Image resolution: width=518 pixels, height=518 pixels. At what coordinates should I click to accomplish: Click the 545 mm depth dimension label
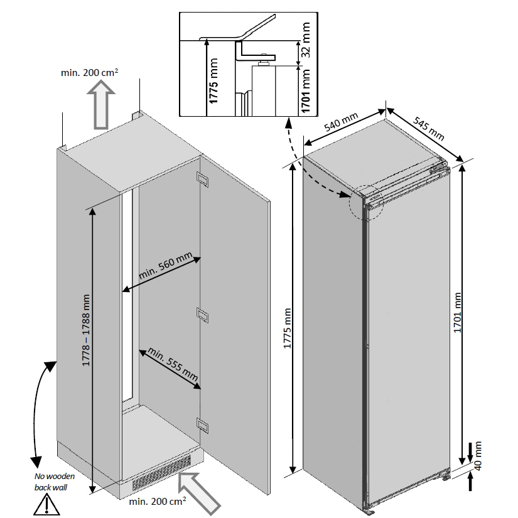(429, 127)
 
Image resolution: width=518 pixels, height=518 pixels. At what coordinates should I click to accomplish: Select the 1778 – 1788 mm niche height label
(86, 330)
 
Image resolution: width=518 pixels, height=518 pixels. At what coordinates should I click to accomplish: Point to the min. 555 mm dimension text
(170, 367)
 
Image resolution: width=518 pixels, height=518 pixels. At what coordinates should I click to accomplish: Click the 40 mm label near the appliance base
(479, 456)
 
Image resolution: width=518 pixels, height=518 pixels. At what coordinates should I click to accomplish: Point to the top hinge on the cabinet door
(203, 179)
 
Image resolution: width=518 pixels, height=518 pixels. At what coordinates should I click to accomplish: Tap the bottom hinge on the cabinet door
(203, 425)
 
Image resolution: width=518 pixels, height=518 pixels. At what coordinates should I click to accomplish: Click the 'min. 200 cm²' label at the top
(90, 73)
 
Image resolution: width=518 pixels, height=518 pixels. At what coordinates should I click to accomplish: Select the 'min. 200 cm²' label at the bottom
(157, 502)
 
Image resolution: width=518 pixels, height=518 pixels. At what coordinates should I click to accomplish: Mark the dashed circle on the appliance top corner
(367, 202)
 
